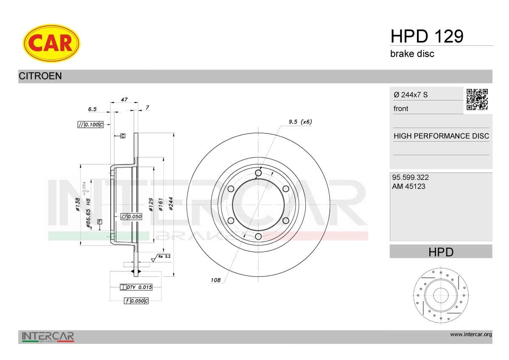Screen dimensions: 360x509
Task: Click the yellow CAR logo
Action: (51, 43)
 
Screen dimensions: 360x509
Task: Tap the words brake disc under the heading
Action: (412, 54)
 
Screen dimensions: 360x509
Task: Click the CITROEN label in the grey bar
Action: (40, 76)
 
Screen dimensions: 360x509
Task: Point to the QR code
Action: (477, 99)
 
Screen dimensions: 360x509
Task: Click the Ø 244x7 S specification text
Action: (411, 95)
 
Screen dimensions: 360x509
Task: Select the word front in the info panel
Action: (401, 109)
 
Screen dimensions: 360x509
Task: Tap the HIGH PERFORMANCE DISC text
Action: (441, 136)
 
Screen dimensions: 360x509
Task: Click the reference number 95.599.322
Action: (410, 177)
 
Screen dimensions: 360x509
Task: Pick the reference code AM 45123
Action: (409, 186)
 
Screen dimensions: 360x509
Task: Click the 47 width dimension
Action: (124, 99)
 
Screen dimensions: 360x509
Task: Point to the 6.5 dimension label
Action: (92, 109)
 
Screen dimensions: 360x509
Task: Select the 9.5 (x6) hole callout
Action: (300, 122)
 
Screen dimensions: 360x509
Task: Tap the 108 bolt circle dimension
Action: (215, 280)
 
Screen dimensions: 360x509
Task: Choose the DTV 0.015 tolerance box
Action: (136, 287)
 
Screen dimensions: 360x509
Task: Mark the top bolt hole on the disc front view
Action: (258, 173)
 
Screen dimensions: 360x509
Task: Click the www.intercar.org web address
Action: (471, 335)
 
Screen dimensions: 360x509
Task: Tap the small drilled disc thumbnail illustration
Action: (441, 295)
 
